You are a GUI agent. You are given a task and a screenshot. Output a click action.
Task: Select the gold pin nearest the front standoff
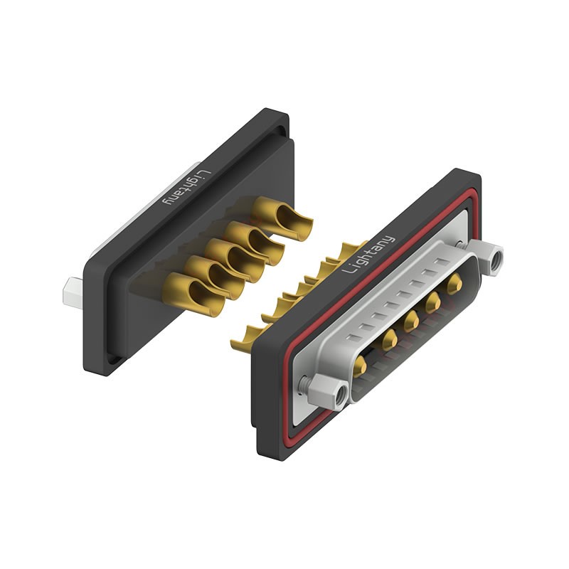[x=361, y=366]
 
